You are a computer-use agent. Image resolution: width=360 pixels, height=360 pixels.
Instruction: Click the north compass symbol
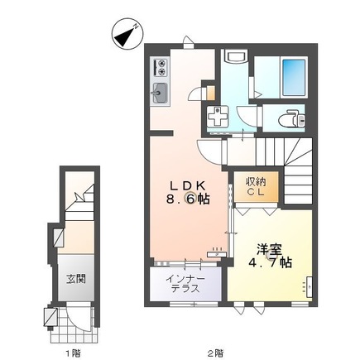click(127, 34)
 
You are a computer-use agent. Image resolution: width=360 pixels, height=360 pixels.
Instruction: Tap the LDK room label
click(188, 185)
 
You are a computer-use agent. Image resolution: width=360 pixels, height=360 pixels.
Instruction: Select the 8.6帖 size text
click(188, 199)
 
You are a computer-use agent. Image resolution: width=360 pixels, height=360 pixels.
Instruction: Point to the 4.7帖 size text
click(271, 262)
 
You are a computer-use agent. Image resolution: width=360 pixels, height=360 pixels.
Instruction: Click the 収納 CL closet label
click(256, 187)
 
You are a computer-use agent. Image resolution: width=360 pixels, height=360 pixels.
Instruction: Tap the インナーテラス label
click(185, 284)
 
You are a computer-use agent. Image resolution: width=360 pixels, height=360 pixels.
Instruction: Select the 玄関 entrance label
click(75, 279)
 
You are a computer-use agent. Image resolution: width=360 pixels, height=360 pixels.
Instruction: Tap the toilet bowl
click(288, 119)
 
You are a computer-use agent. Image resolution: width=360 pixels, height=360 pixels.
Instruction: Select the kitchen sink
click(159, 93)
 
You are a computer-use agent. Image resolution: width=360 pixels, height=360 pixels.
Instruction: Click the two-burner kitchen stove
click(160, 68)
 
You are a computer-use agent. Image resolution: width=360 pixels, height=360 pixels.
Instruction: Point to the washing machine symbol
click(218, 117)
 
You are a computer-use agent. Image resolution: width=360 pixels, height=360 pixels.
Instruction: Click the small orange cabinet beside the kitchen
click(210, 93)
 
